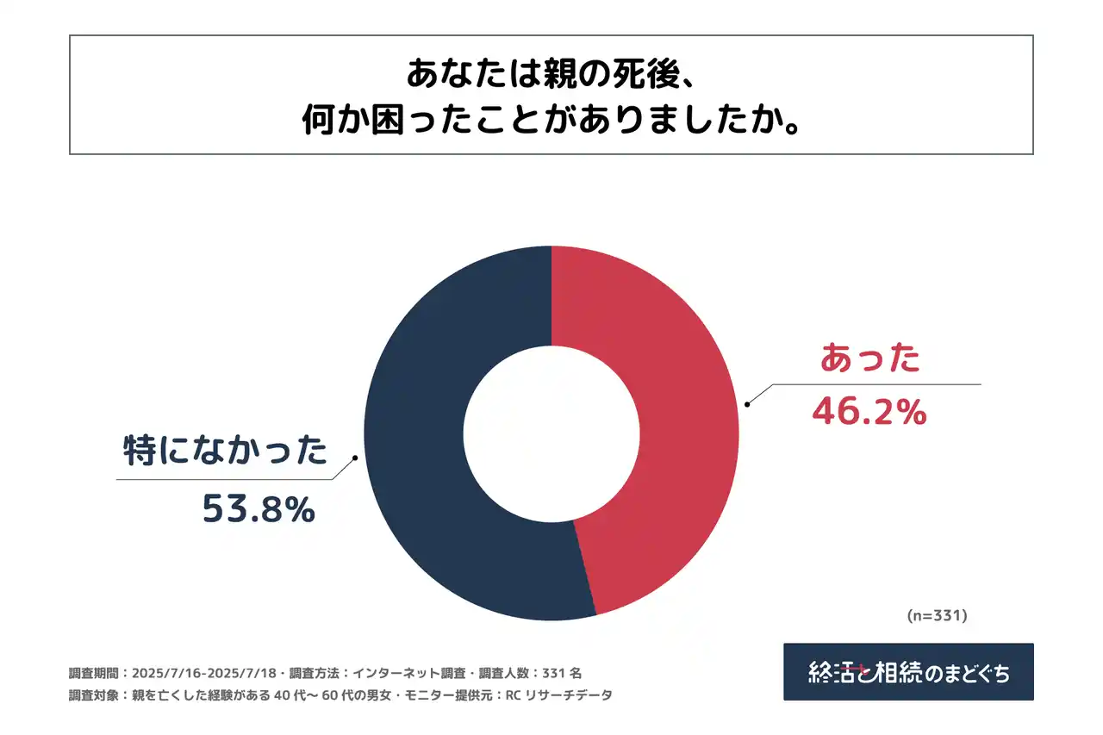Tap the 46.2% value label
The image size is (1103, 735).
tap(869, 413)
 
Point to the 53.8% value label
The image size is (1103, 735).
tap(258, 510)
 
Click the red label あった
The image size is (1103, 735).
tap(869, 358)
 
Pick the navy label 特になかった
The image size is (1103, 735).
tap(227, 452)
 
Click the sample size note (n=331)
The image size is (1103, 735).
tap(938, 615)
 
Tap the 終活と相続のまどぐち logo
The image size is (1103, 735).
tap(908, 672)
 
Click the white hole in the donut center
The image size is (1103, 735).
tap(551, 433)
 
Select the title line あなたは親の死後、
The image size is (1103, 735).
tap(551, 74)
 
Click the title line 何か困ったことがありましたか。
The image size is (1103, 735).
tap(551, 121)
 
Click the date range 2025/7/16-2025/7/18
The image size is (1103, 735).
tap(205, 673)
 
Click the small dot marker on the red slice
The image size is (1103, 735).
tap(747, 403)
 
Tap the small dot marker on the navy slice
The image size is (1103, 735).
tap(356, 458)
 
